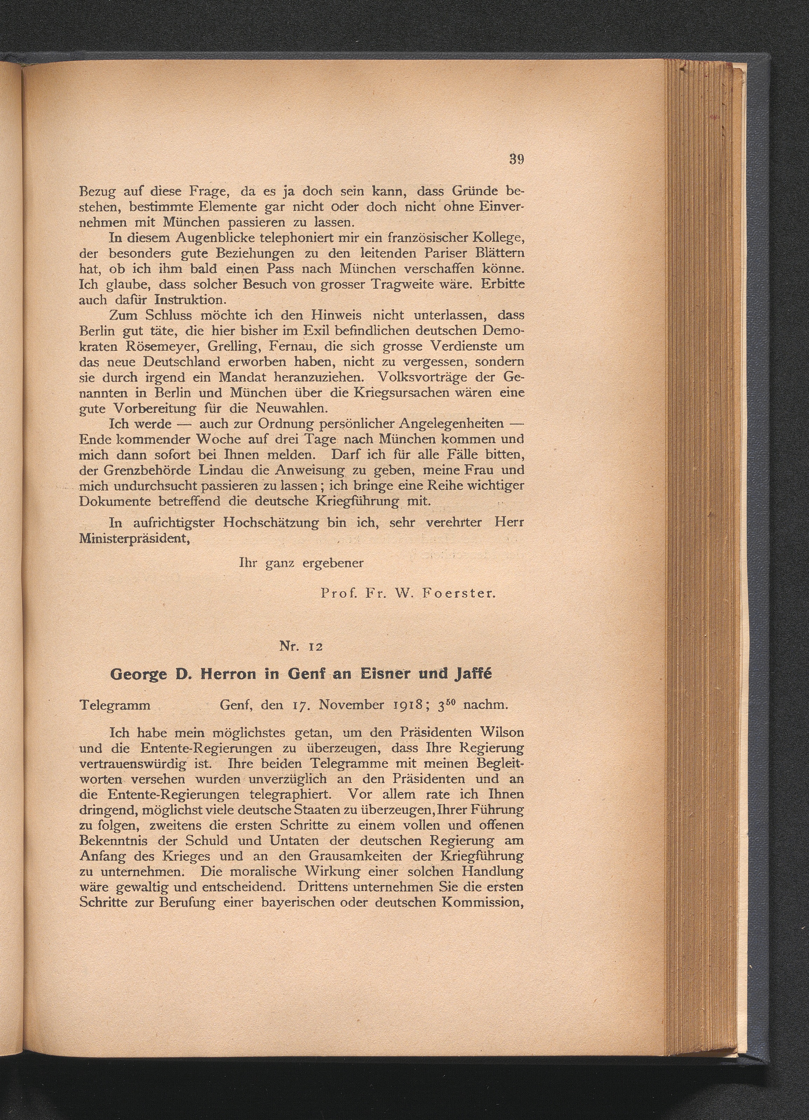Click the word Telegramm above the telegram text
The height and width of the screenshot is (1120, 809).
pyautogui.click(x=115, y=705)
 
